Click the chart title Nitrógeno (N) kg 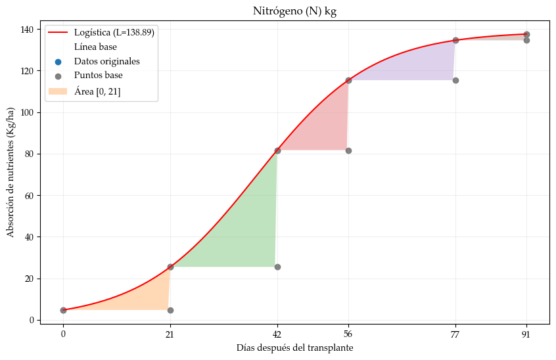294,11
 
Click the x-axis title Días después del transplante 294,348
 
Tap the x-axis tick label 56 348,334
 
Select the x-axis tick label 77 455,334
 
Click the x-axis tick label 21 170,334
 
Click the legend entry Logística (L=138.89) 114,32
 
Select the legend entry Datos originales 106,62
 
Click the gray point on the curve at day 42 277,150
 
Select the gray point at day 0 63,310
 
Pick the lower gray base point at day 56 348,150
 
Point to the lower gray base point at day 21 170,310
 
